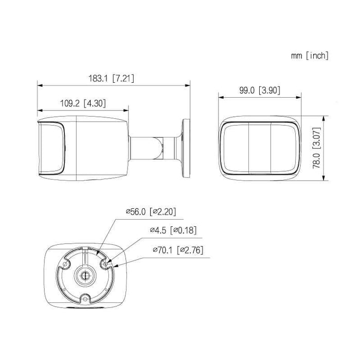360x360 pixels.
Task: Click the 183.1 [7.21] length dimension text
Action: pos(112,79)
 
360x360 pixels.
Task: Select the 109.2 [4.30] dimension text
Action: pos(83,103)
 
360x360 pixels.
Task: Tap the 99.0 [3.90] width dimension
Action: pos(260,90)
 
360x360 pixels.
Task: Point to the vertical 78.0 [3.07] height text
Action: pos(316,148)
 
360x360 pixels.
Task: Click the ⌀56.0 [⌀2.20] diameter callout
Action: pos(151,212)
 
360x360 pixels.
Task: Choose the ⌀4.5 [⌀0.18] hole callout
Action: pos(173,230)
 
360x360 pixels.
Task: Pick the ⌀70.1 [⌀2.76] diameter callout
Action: pos(178,250)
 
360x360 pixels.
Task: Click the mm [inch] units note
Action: pos(310,56)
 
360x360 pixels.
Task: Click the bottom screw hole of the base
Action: pos(85,299)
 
